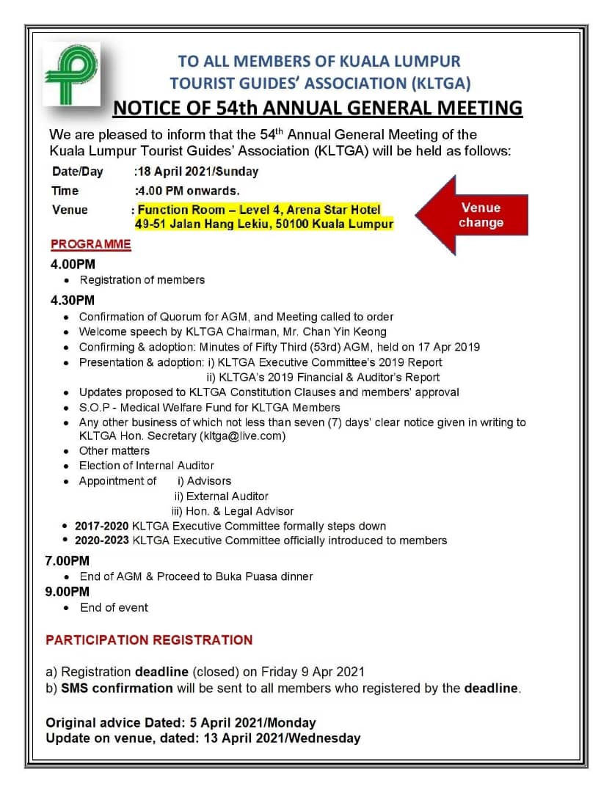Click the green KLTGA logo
[70, 73]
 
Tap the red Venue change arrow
[472, 216]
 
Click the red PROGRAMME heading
[91, 244]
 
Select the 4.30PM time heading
[73, 300]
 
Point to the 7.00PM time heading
[70, 561]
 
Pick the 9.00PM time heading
[70, 592]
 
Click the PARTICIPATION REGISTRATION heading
[149, 640]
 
